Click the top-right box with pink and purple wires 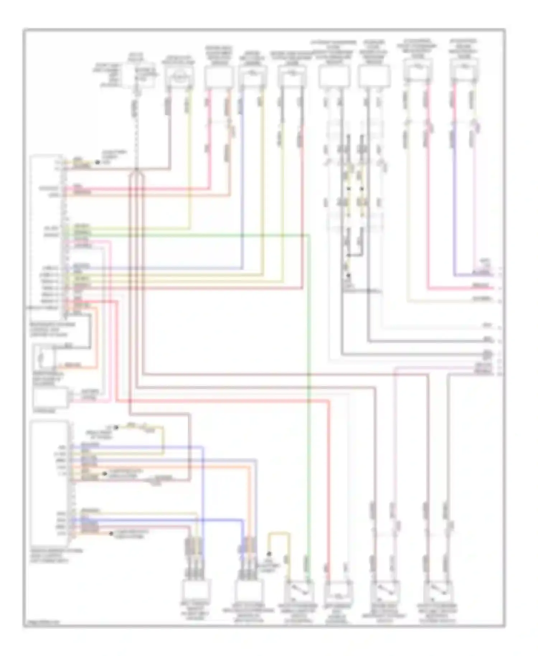point(464,70)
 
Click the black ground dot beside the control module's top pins point(97,163)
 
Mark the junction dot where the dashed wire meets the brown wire point(136,169)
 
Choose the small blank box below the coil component point(50,397)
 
